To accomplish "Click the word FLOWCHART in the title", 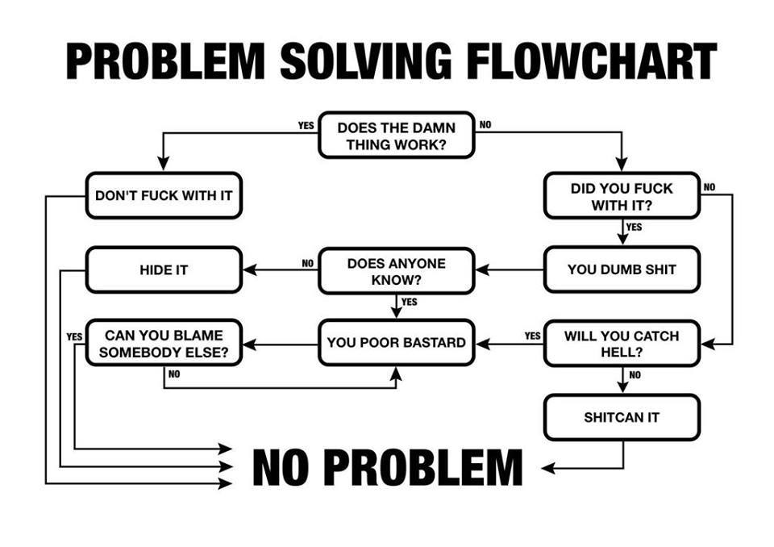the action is (591, 61).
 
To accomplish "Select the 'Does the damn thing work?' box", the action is (397, 136).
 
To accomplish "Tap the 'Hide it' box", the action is (164, 269).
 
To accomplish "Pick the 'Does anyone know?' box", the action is (397, 271).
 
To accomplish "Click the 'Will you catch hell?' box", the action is (622, 344).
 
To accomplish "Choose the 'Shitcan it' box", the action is (622, 417).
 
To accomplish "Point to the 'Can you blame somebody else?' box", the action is (164, 343).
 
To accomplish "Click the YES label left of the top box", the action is (306, 126).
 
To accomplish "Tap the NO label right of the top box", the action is (485, 124).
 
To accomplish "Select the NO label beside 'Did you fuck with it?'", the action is (709, 187).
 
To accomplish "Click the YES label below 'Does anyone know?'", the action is (410, 302).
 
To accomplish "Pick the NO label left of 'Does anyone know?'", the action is (307, 263).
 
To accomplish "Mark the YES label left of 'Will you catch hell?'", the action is (533, 336).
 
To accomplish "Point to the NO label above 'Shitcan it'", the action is (635, 375).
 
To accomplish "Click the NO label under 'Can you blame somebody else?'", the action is (174, 374).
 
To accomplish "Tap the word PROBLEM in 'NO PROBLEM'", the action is (423, 467).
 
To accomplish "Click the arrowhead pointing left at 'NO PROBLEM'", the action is (548, 468).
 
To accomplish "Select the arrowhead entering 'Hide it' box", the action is (250, 269).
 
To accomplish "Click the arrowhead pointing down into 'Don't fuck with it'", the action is (164, 164).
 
